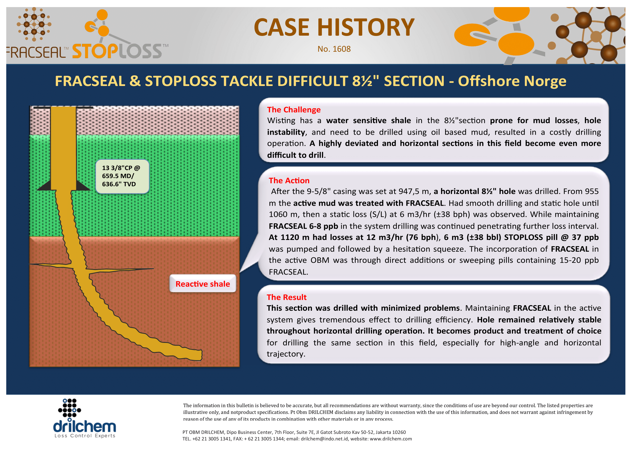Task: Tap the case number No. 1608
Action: click(x=334, y=49)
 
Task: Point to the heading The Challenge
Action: click(x=294, y=110)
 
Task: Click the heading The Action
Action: click(x=289, y=181)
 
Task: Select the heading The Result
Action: click(x=286, y=297)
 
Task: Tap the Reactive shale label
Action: click(x=203, y=284)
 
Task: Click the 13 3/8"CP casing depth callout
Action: click(x=122, y=176)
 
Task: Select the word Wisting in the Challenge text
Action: click(x=281, y=121)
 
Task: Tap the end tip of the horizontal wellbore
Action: click(x=202, y=355)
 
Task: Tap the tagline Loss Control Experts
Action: click(x=85, y=436)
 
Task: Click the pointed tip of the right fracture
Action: click(x=154, y=269)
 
